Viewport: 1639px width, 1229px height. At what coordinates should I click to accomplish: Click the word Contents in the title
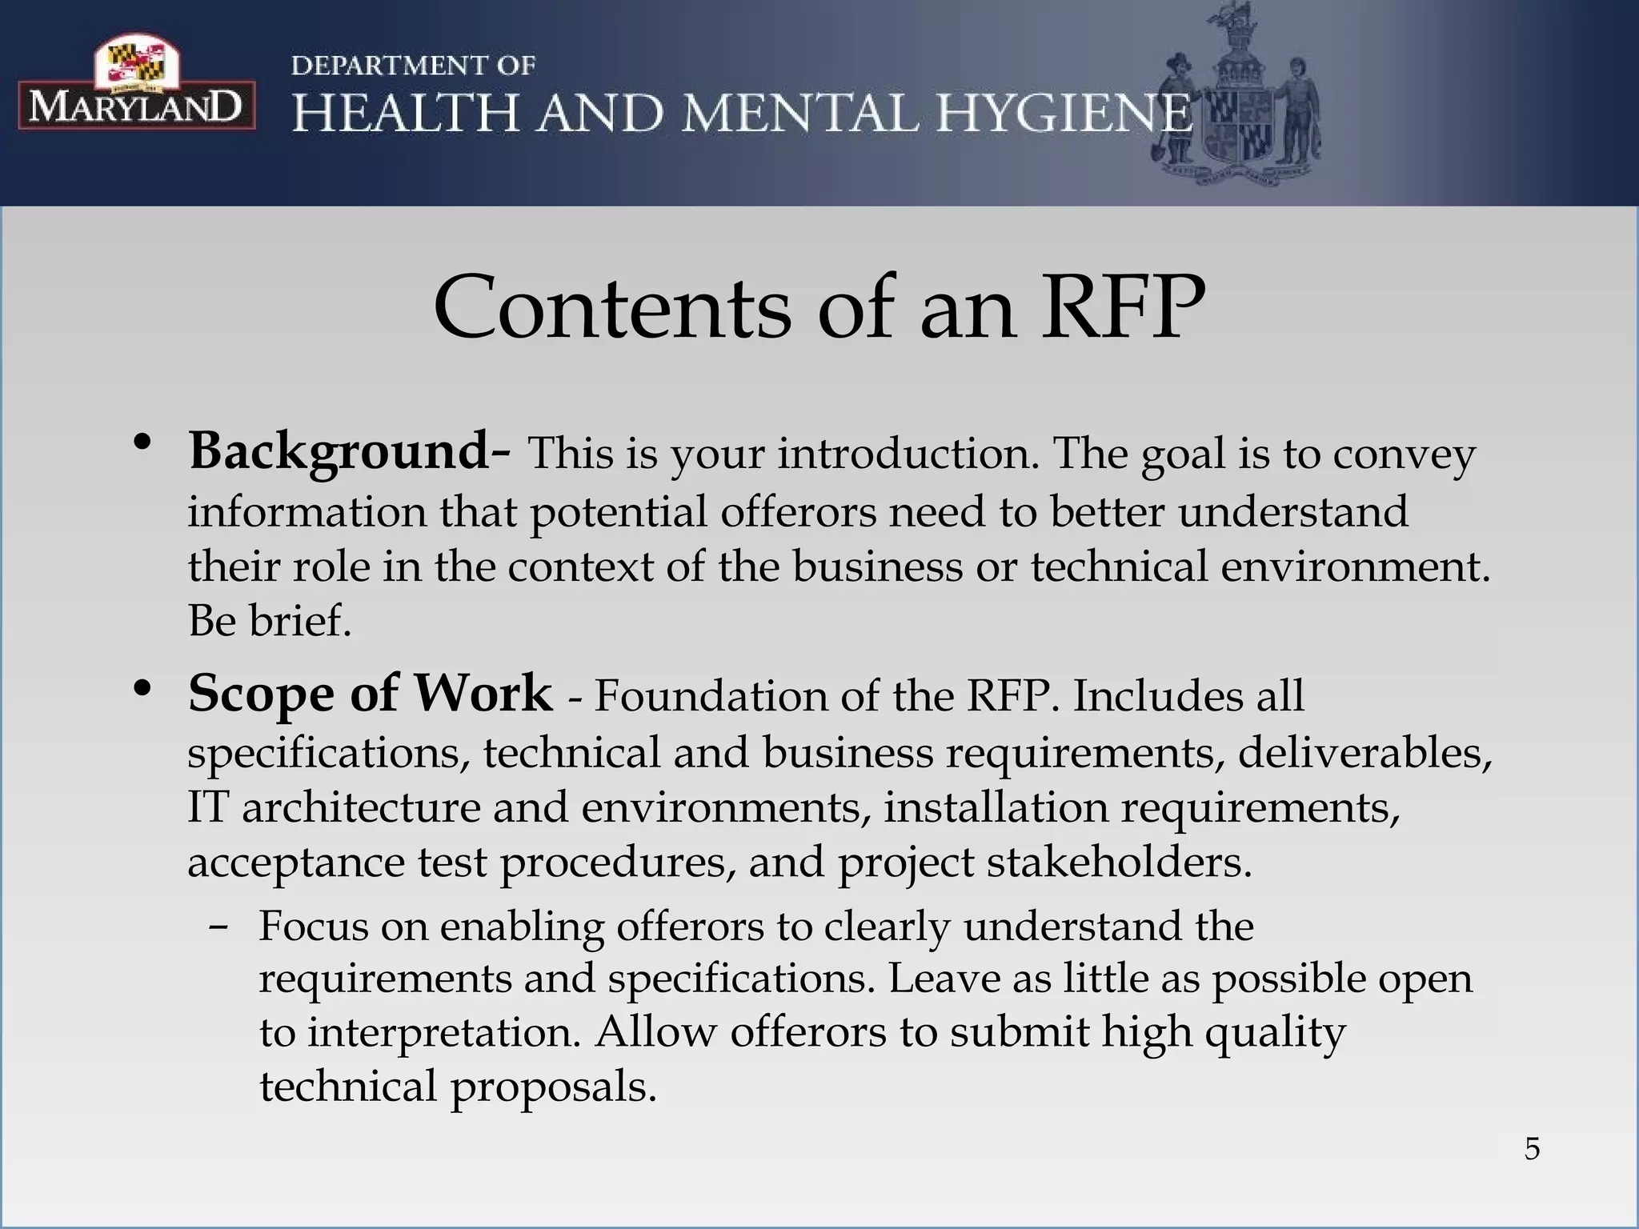(x=611, y=309)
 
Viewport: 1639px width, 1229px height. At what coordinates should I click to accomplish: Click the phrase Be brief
(x=270, y=621)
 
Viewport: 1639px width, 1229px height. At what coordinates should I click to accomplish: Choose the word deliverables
(x=1364, y=754)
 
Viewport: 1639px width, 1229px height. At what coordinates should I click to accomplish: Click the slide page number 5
(x=1532, y=1149)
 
